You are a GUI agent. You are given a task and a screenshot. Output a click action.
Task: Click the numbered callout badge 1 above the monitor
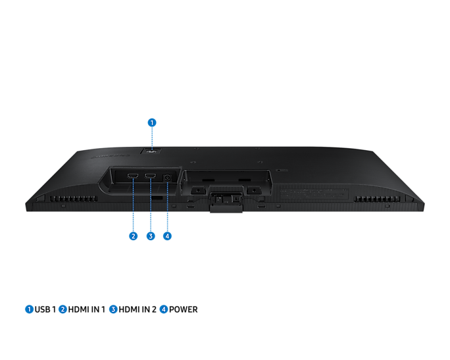152,122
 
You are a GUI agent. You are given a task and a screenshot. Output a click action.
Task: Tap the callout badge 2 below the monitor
133,236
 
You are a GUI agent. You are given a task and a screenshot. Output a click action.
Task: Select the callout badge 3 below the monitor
151,236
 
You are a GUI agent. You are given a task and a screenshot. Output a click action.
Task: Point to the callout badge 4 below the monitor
167,236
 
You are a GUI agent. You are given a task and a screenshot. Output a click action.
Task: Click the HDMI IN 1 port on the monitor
133,176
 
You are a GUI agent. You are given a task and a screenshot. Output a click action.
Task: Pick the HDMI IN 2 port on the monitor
150,176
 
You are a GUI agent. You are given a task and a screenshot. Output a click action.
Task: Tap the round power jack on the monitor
167,178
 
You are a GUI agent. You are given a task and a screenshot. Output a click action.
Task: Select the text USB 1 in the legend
45,309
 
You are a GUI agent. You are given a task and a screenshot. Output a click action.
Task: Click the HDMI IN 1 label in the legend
87,309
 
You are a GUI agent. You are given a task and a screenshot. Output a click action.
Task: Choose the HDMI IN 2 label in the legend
137,309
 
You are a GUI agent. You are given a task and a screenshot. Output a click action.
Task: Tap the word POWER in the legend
184,309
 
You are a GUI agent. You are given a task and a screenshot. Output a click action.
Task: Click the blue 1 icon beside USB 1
29,309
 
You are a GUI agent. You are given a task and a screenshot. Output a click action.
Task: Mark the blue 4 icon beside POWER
164,309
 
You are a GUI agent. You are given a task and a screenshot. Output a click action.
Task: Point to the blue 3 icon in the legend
113,309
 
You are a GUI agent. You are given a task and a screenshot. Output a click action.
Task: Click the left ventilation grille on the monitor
74,199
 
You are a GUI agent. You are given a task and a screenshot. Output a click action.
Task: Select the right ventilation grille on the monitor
377,199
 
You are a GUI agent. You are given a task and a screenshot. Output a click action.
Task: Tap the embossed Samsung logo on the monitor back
111,157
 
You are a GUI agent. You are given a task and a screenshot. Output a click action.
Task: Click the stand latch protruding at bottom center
226,203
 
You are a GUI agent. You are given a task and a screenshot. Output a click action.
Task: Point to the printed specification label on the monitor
314,193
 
